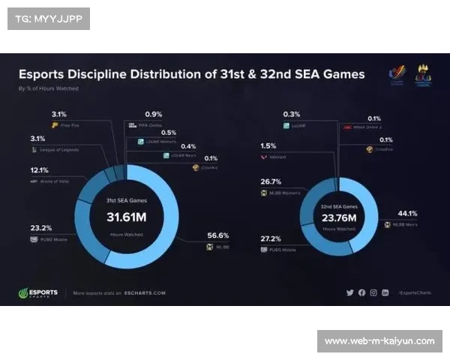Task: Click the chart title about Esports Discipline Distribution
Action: click(191, 75)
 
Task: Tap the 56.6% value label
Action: click(217, 235)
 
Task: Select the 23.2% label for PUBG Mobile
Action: click(40, 228)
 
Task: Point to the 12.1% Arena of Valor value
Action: click(40, 170)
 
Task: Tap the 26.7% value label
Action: click(271, 181)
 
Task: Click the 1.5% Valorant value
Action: click(268, 146)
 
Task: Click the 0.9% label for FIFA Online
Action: click(153, 114)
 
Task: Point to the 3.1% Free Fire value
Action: click(60, 114)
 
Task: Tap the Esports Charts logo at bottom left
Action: click(37, 292)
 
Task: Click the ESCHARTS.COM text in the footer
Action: click(146, 293)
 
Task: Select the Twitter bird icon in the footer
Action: click(349, 292)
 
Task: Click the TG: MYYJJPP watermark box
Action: click(48, 18)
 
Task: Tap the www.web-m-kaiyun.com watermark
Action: click(379, 341)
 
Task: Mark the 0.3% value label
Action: click(292, 114)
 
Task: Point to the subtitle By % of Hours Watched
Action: click(48, 88)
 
